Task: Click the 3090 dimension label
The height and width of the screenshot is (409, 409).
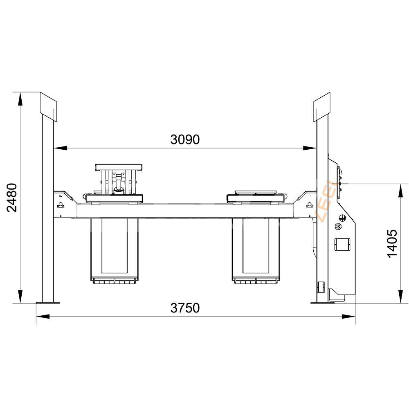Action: (x=185, y=139)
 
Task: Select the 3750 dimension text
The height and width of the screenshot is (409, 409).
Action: (x=185, y=308)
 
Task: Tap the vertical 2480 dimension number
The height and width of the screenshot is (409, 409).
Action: (x=12, y=198)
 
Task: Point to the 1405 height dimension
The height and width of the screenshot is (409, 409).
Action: (x=392, y=243)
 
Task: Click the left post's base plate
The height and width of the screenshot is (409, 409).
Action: (x=47, y=303)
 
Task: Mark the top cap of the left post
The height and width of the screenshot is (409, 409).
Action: (x=48, y=107)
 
